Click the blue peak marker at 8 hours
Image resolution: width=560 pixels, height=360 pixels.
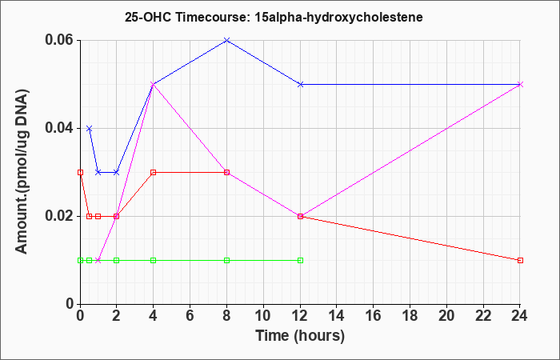click(x=226, y=40)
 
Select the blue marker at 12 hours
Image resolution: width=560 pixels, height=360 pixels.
click(x=300, y=84)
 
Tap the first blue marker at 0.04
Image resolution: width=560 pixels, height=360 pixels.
click(x=90, y=129)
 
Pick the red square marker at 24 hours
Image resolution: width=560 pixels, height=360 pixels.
click(x=520, y=260)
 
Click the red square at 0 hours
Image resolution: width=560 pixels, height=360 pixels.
click(x=80, y=173)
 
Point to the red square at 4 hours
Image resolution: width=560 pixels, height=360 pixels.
click(x=154, y=173)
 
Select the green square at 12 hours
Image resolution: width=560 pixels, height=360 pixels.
click(x=300, y=260)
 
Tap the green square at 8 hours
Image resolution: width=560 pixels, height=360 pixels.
click(x=226, y=260)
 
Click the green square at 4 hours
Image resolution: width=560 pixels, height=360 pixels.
click(x=154, y=260)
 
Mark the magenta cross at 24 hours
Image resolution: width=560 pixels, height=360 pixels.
click(x=520, y=84)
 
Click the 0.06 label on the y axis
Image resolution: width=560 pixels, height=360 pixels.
click(x=59, y=40)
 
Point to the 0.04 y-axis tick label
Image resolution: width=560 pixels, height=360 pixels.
click(x=59, y=128)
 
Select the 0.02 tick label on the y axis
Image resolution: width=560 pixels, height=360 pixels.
click(x=59, y=216)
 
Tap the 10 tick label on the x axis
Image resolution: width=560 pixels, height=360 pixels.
click(x=263, y=315)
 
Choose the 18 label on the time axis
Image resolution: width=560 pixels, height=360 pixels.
click(x=410, y=315)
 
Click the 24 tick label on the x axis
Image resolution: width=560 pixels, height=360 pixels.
click(x=519, y=315)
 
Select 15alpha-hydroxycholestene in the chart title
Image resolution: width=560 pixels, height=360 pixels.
click(x=339, y=18)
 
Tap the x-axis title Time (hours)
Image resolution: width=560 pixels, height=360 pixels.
click(x=300, y=336)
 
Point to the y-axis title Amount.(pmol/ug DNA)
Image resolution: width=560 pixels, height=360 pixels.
click(x=22, y=172)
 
